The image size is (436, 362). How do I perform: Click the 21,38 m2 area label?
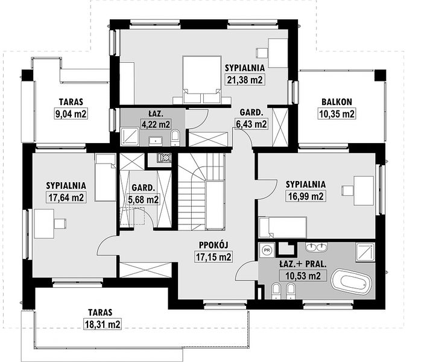pos(245,80)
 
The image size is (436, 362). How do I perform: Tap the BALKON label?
pos(336,101)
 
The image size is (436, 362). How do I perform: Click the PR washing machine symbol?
pos(267,250)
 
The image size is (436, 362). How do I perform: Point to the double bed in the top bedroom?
pos(201,80)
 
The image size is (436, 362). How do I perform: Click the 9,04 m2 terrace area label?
pos(71,114)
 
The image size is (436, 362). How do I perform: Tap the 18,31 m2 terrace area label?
pos(102,324)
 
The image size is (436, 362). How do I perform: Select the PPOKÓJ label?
pos(213,245)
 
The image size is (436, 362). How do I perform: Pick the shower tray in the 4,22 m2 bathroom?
pos(130,136)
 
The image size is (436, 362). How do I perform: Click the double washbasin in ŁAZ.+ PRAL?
pos(317,247)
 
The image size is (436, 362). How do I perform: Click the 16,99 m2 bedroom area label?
pos(306,197)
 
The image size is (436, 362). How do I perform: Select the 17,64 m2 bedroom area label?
pos(66,197)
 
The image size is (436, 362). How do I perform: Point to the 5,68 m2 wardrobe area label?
pos(143,200)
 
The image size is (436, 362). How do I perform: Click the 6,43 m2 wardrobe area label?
pos(251,124)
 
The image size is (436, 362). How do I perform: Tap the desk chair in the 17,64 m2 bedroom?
pos(60,223)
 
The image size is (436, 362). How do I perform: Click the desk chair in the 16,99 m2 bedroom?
pos(347,191)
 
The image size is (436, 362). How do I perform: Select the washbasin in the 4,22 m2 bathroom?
pos(155,141)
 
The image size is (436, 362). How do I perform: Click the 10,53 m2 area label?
pos(303,276)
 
